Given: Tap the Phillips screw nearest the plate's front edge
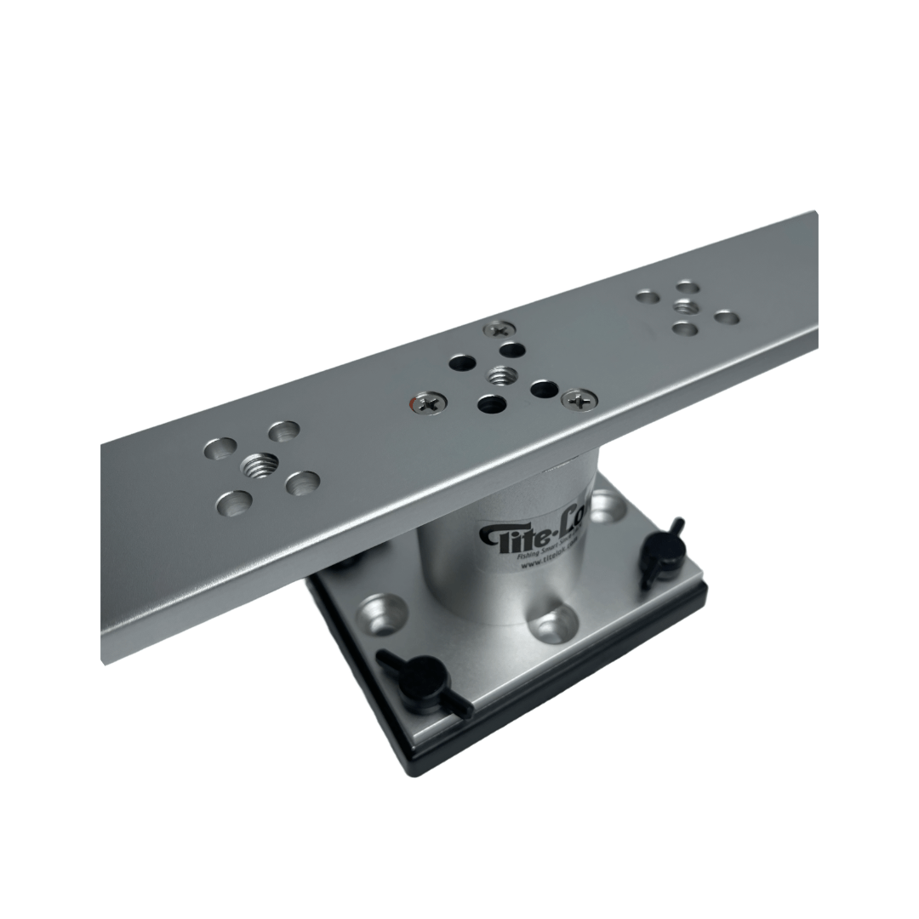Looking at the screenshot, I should point(579,397).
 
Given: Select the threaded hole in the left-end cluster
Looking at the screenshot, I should point(260,465).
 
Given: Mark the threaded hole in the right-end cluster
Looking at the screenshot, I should point(686,306).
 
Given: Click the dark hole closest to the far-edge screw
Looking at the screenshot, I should point(511,349).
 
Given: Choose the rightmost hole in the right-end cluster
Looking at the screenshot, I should point(726,317).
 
